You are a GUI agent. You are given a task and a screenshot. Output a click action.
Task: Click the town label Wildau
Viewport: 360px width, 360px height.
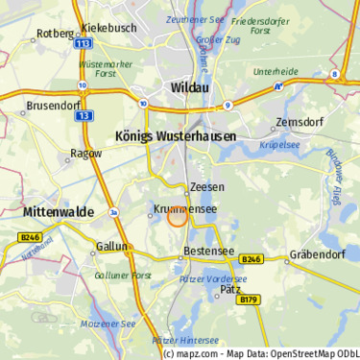190,86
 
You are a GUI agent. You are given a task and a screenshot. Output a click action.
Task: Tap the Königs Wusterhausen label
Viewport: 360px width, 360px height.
175,136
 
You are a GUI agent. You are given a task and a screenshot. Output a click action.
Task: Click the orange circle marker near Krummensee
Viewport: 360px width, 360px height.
178,217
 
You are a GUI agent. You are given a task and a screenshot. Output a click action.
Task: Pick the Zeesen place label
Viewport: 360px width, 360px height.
206,187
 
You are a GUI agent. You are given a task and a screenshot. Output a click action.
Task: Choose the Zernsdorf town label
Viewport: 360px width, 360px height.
299,122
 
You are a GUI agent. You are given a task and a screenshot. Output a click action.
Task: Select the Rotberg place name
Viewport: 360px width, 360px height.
55,34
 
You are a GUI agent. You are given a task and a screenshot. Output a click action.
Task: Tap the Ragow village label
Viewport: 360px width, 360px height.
85,153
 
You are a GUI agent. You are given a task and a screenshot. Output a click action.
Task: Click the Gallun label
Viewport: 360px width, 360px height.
112,247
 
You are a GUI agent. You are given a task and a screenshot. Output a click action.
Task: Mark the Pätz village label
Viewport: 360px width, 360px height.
230,288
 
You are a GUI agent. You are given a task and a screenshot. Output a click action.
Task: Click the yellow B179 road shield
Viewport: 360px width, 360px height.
249,300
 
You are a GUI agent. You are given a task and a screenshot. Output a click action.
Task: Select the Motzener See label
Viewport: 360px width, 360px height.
108,324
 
